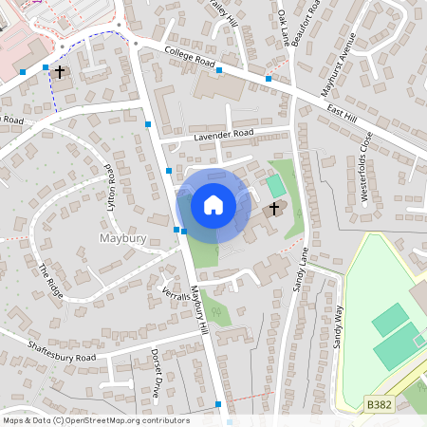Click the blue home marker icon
[x=213, y=204]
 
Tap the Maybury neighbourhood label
[x=122, y=238]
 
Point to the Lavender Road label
[x=225, y=135]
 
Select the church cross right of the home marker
[x=274, y=208]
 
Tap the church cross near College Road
[x=60, y=71]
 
